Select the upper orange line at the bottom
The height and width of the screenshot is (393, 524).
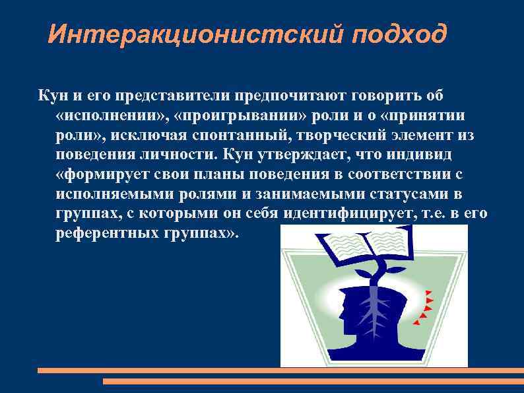coord(280,371)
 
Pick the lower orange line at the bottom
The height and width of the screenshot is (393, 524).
coord(313,381)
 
